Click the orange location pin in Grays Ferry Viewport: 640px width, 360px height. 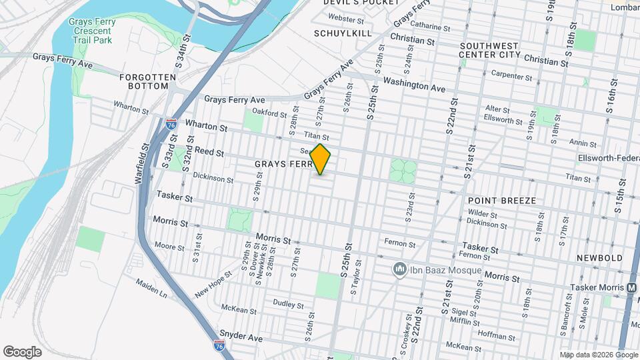pos(321,159)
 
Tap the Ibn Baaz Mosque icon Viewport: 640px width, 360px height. pos(400,269)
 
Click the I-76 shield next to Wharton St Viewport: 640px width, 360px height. pos(171,124)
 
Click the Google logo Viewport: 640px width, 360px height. pos(22,352)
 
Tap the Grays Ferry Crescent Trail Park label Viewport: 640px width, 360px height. pos(92,31)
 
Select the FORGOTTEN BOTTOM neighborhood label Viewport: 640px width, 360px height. pos(147,82)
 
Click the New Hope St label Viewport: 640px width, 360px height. pos(213,283)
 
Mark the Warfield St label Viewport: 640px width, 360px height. pos(144,164)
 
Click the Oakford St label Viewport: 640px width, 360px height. pos(269,113)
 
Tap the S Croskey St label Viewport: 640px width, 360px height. pos(403,337)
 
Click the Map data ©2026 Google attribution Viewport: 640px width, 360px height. pos(598,355)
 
